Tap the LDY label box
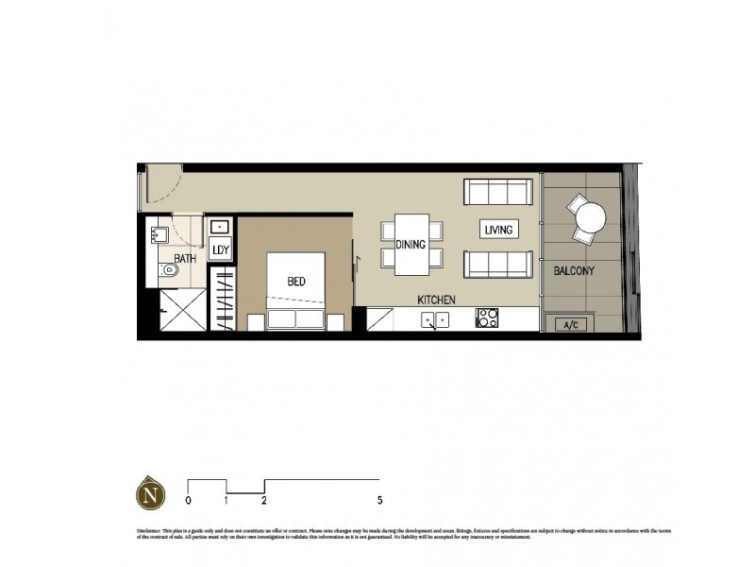[221, 249]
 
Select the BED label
[295, 281]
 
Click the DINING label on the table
[411, 245]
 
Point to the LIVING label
[496, 230]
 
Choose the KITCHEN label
[438, 300]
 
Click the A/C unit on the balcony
[570, 325]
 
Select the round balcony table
[590, 219]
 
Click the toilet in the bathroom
[171, 271]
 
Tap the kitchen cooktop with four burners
[488, 319]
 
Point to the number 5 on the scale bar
[379, 500]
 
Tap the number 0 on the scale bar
[189, 500]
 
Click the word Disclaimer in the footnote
[149, 532]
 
